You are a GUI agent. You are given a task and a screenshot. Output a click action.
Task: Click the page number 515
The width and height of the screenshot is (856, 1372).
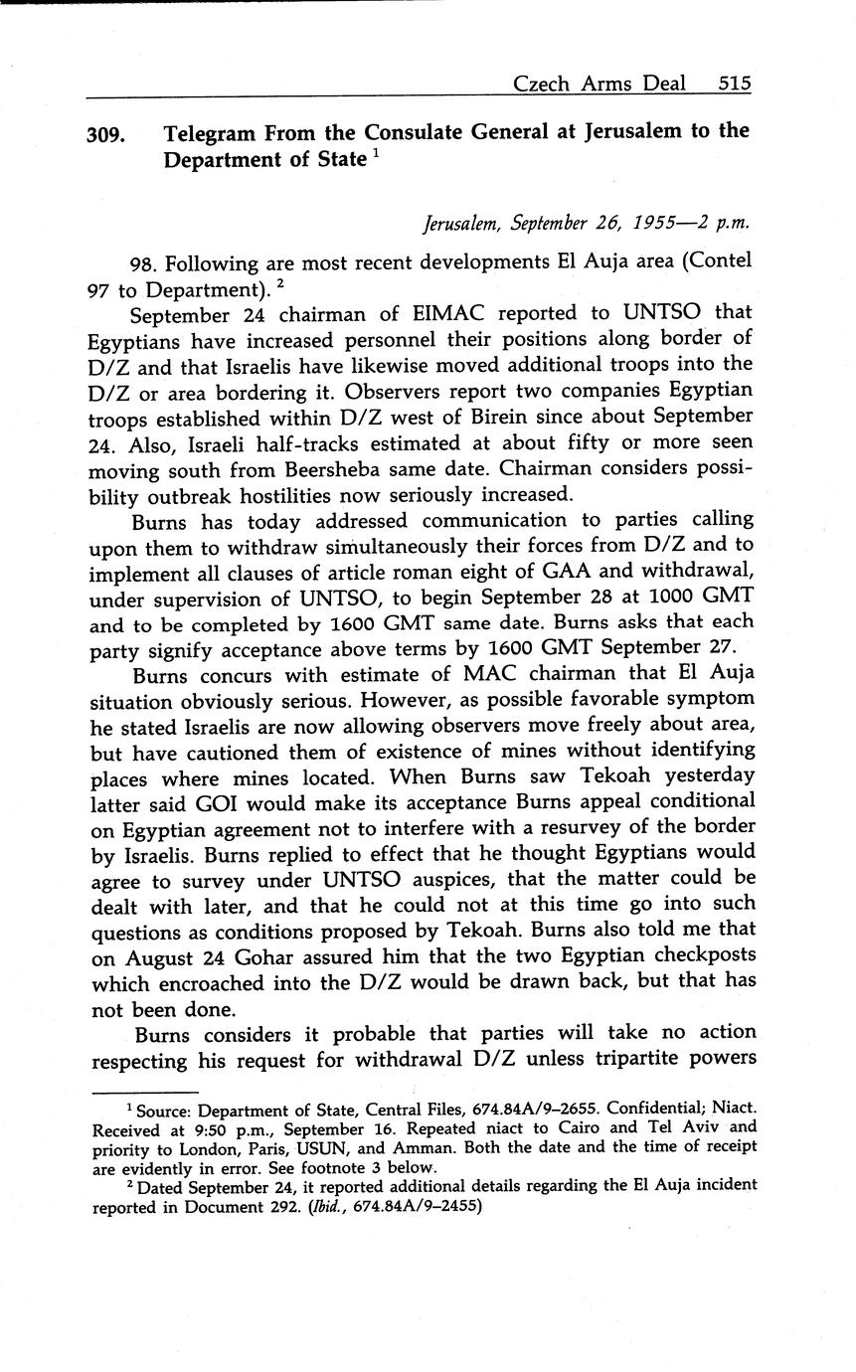click(734, 84)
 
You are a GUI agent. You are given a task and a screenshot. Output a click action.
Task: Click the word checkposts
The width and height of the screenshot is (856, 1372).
click(701, 955)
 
